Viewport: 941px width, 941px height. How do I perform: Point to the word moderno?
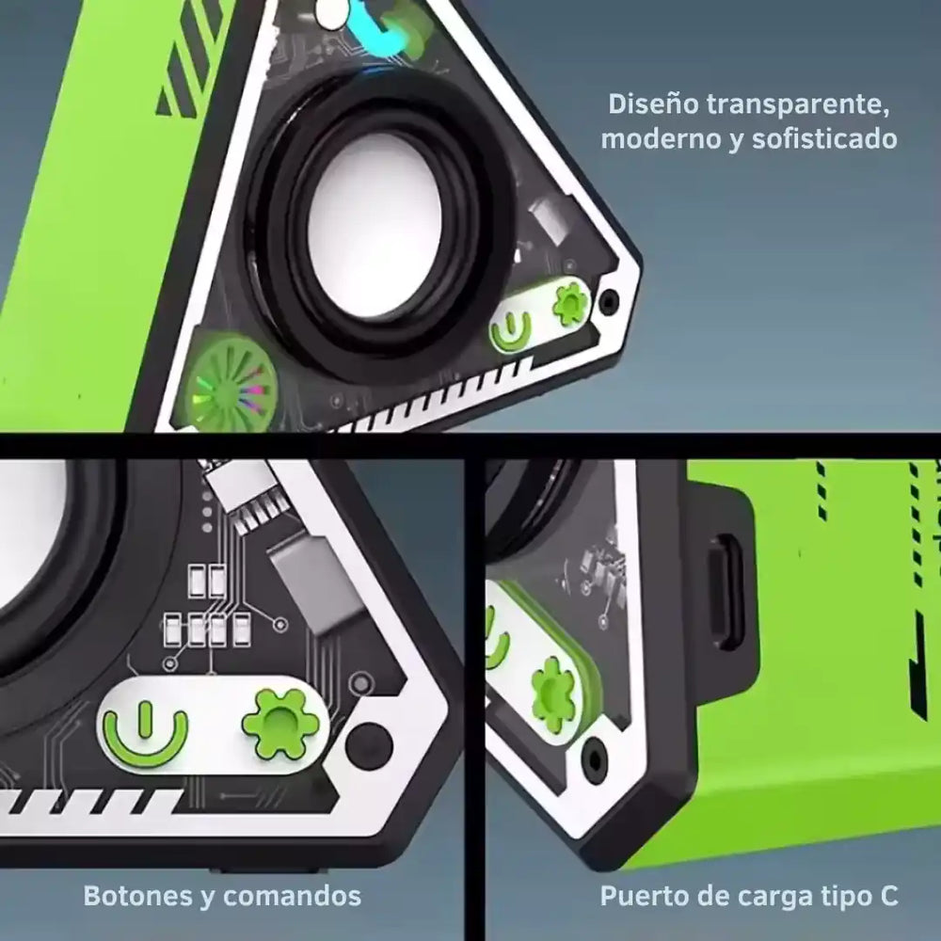click(659, 139)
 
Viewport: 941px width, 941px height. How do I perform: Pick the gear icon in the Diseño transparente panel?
click(570, 304)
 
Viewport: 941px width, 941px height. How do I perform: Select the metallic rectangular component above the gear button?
click(310, 583)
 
